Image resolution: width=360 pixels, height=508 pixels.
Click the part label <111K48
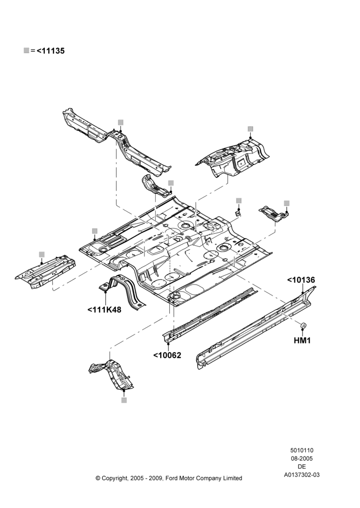pyautogui.click(x=104, y=310)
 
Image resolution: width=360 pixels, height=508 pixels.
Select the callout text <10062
pyautogui.click(x=167, y=355)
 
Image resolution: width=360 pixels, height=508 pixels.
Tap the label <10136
pyautogui.click(x=301, y=280)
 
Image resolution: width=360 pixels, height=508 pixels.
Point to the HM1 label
pyautogui.click(x=302, y=340)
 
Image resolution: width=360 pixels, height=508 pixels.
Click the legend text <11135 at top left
pyautogui.click(x=50, y=51)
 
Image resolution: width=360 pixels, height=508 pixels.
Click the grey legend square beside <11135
pyautogui.click(x=26, y=50)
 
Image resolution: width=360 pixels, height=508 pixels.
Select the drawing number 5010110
pyautogui.click(x=302, y=450)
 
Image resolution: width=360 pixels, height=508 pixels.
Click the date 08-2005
pyautogui.click(x=302, y=458)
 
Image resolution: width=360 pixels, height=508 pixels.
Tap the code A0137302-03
pyautogui.click(x=302, y=475)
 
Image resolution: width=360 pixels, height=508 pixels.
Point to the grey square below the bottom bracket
pyautogui.click(x=124, y=400)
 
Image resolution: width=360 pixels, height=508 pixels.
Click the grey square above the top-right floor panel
pyautogui.click(x=250, y=129)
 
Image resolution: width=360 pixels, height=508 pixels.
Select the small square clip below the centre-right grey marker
pyautogui.click(x=238, y=213)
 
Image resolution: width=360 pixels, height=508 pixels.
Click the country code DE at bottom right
pyautogui.click(x=302, y=467)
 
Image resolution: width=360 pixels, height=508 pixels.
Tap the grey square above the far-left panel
pyautogui.click(x=42, y=254)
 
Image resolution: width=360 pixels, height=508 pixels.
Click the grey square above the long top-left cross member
pyautogui.click(x=121, y=122)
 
